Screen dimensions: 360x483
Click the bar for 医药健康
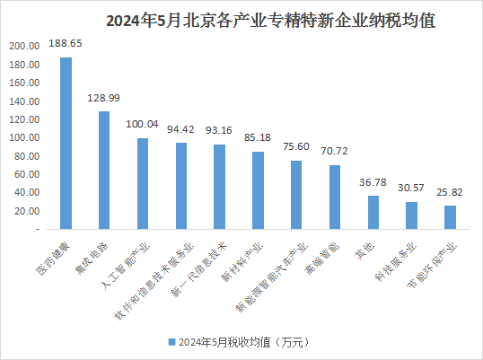pyautogui.click(x=66, y=144)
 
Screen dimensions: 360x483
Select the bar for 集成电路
pyautogui.click(x=104, y=171)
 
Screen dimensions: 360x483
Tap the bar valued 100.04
pyautogui.click(x=143, y=184)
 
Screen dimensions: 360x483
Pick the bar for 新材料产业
pyautogui.click(x=258, y=190)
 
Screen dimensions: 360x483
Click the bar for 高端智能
pyautogui.click(x=335, y=198)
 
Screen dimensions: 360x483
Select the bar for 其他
pyautogui.click(x=373, y=213)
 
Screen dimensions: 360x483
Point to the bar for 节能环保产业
pyautogui.click(x=451, y=217)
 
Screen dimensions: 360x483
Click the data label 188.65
pyautogui.click(x=66, y=42)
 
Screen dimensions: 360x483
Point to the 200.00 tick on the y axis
pyautogui.click(x=23, y=47)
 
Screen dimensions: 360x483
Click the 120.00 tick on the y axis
pyautogui.click(x=23, y=120)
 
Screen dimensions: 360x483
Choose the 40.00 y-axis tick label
pyautogui.click(x=23, y=193)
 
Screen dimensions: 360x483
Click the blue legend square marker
pyautogui.click(x=171, y=342)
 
